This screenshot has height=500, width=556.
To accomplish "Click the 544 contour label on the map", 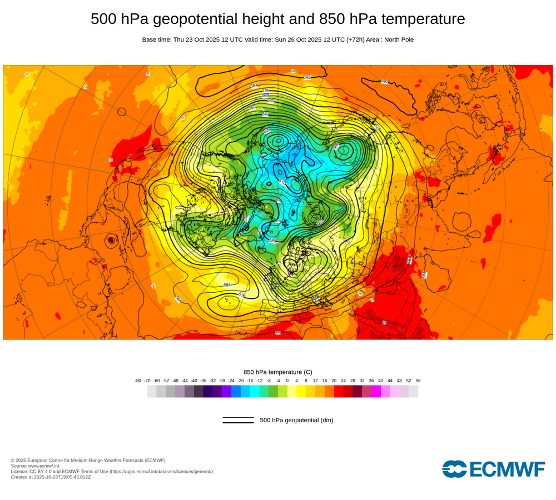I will (266, 114).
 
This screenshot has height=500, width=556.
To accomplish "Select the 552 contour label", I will (252, 107).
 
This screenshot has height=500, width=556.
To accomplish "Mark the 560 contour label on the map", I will (271, 101).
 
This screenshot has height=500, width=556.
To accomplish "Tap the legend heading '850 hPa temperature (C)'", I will (277, 372).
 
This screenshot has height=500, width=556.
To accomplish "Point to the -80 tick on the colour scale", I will (138, 381).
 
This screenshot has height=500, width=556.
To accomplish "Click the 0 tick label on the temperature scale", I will (287, 381).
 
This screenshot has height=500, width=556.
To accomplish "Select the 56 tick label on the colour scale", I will (418, 381).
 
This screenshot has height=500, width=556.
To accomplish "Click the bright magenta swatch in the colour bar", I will (376, 391).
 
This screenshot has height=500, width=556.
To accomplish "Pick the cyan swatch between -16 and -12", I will (255, 391).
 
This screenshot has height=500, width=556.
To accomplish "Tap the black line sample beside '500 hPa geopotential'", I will (238, 420).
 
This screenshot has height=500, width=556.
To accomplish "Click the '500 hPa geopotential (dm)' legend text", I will (296, 420).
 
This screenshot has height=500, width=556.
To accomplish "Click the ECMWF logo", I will (494, 469).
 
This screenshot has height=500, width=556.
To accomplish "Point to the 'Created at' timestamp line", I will (51, 477).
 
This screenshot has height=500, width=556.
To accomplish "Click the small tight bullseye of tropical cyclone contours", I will (111, 240).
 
